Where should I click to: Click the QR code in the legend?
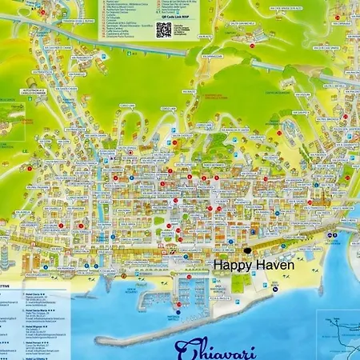163,30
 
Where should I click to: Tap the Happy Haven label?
253,264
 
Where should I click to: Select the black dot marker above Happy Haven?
247,250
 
